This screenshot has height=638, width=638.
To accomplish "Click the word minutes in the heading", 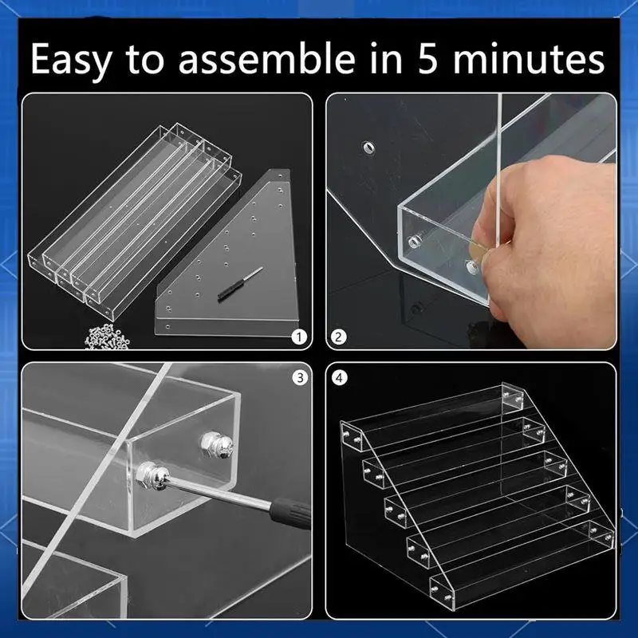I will coord(535,59).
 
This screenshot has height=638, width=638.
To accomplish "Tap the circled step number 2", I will coord(340,337).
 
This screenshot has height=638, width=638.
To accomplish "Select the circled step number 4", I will coord(340,378).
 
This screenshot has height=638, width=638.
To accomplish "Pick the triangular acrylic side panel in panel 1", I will coord(231,263).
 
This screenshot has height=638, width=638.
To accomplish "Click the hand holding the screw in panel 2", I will coord(550,231).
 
